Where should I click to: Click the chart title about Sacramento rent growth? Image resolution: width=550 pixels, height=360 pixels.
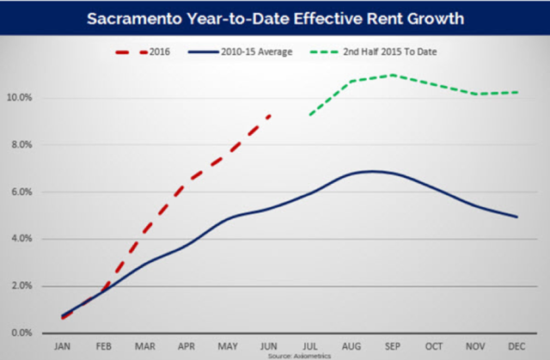[275, 16]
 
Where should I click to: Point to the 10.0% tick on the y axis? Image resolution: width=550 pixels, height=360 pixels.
[19, 97]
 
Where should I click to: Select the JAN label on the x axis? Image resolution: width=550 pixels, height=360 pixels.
[63, 345]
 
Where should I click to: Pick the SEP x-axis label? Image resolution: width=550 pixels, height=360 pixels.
[394, 345]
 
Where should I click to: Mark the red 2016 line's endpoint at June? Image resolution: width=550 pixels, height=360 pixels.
[270, 114]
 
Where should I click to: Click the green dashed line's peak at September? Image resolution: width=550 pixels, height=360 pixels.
[394, 75]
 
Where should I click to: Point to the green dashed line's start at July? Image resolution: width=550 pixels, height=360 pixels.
[310, 114]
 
